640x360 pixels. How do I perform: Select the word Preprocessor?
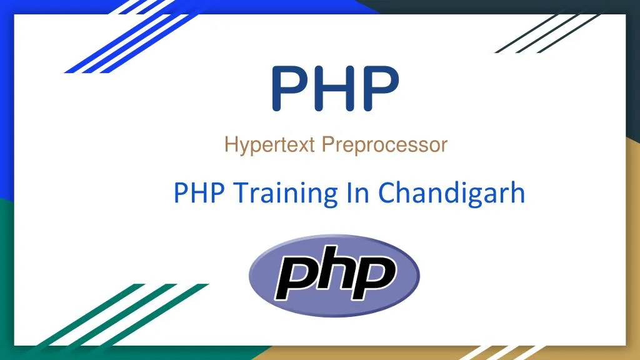385,146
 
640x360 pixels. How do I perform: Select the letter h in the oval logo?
334,271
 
